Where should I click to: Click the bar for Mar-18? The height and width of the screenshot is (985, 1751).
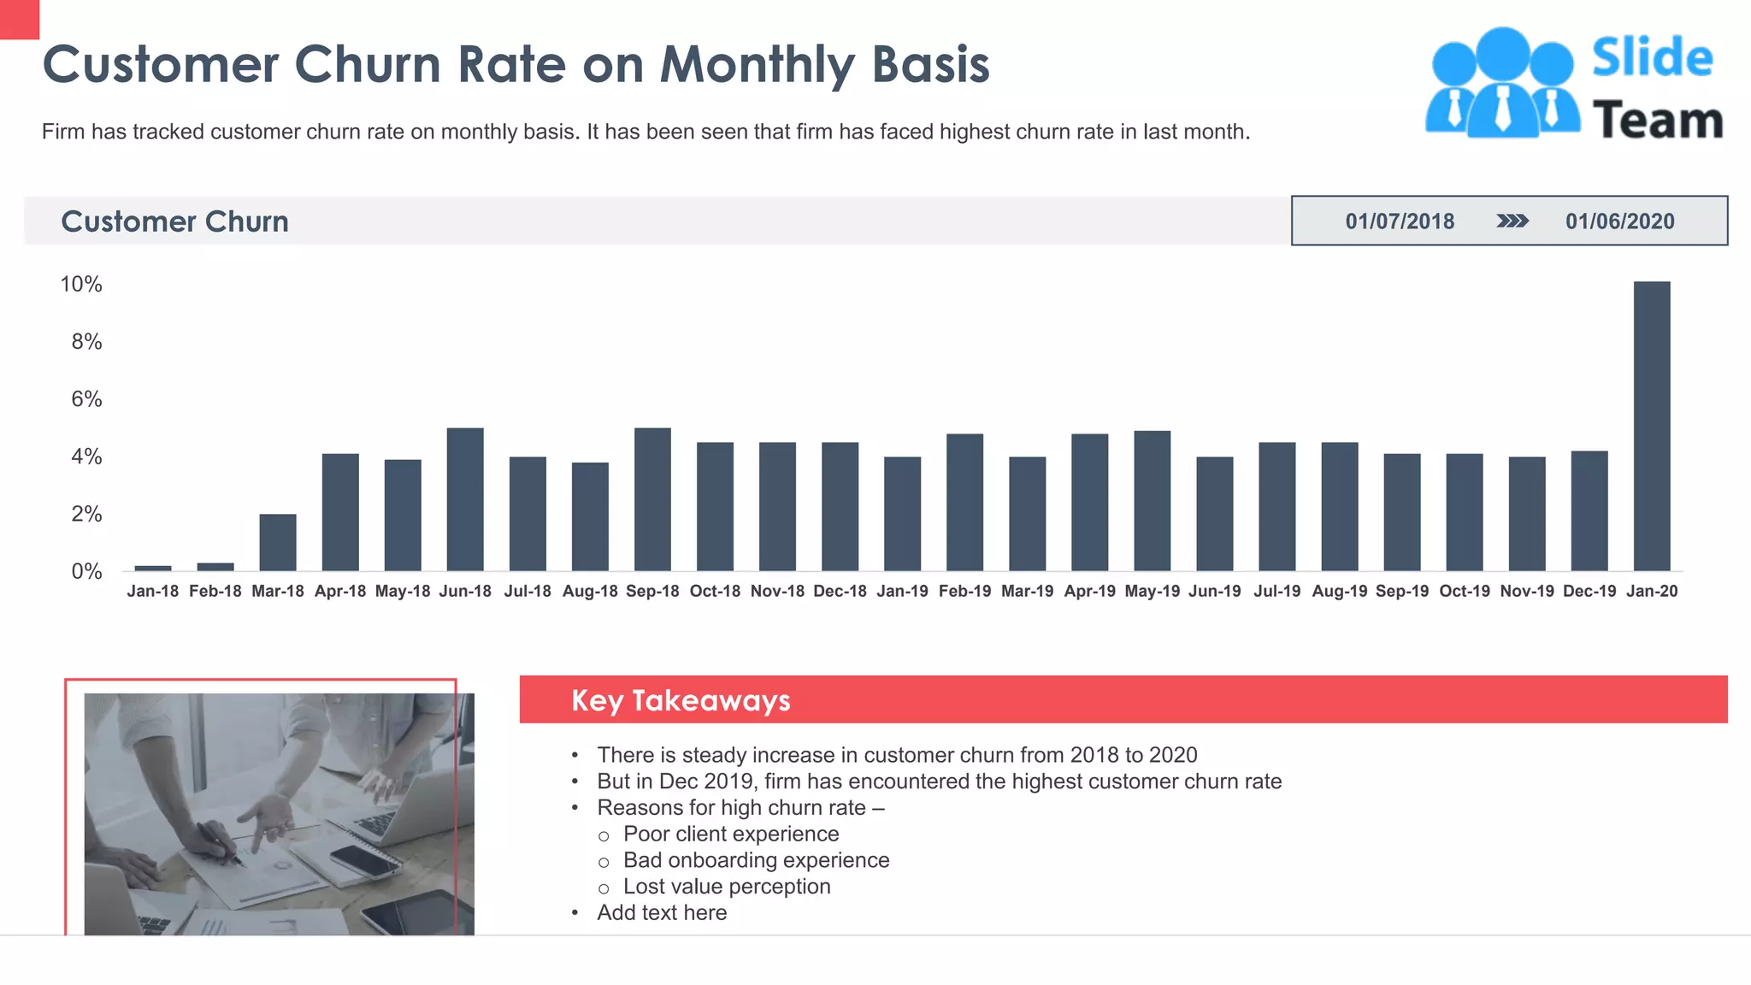(x=278, y=542)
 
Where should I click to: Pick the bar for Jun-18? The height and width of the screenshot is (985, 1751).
(x=465, y=499)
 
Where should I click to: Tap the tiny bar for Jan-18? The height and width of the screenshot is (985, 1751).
(x=153, y=568)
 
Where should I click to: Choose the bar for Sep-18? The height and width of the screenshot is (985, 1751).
(x=652, y=499)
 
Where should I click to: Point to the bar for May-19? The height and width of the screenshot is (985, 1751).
(x=1152, y=501)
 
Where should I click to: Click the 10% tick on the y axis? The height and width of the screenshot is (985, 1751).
(x=81, y=285)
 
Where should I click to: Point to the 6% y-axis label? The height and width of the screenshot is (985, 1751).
(x=86, y=399)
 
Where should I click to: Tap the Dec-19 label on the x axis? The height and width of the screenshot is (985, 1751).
(x=1589, y=592)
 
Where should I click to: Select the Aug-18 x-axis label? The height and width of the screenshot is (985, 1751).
(x=590, y=592)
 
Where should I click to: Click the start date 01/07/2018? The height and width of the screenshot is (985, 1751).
(x=1400, y=221)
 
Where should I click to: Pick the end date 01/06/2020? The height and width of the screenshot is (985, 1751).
(x=1620, y=221)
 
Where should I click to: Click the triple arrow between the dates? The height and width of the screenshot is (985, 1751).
(x=1512, y=221)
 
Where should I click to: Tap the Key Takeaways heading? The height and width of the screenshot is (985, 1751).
(x=681, y=700)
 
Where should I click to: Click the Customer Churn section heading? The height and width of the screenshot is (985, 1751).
(x=175, y=221)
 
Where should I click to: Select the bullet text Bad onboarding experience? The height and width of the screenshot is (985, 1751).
(x=757, y=860)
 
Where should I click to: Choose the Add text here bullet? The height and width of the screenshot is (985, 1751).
(x=662, y=912)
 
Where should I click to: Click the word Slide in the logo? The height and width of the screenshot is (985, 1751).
(x=1652, y=58)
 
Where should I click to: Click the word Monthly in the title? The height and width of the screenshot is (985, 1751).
(x=758, y=65)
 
